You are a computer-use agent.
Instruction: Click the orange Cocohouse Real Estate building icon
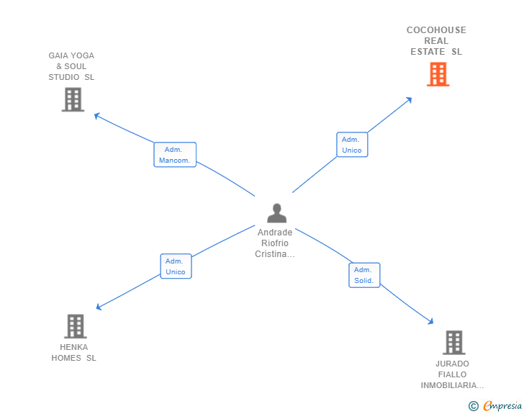click(438, 74)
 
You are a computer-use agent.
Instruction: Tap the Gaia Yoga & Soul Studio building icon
click(73, 99)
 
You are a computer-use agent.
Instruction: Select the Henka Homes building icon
click(75, 326)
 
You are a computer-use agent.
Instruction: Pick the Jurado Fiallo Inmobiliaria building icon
click(453, 343)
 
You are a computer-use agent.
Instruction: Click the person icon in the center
click(276, 213)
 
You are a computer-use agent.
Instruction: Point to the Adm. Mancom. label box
click(175, 154)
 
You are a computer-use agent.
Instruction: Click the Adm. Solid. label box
click(364, 275)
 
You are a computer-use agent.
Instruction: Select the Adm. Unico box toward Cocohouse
click(352, 145)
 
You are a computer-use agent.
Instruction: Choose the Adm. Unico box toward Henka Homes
click(176, 266)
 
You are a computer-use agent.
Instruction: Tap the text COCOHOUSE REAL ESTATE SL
click(436, 41)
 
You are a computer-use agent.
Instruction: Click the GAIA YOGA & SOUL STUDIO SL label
click(71, 66)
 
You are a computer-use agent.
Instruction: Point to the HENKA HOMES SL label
click(73, 352)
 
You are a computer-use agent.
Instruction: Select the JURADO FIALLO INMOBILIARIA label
click(452, 374)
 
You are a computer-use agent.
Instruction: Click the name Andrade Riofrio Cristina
click(275, 243)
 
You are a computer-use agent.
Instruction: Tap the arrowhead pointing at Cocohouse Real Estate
click(409, 99)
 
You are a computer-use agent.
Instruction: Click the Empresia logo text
click(502, 406)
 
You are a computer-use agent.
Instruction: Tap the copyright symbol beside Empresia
click(474, 406)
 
